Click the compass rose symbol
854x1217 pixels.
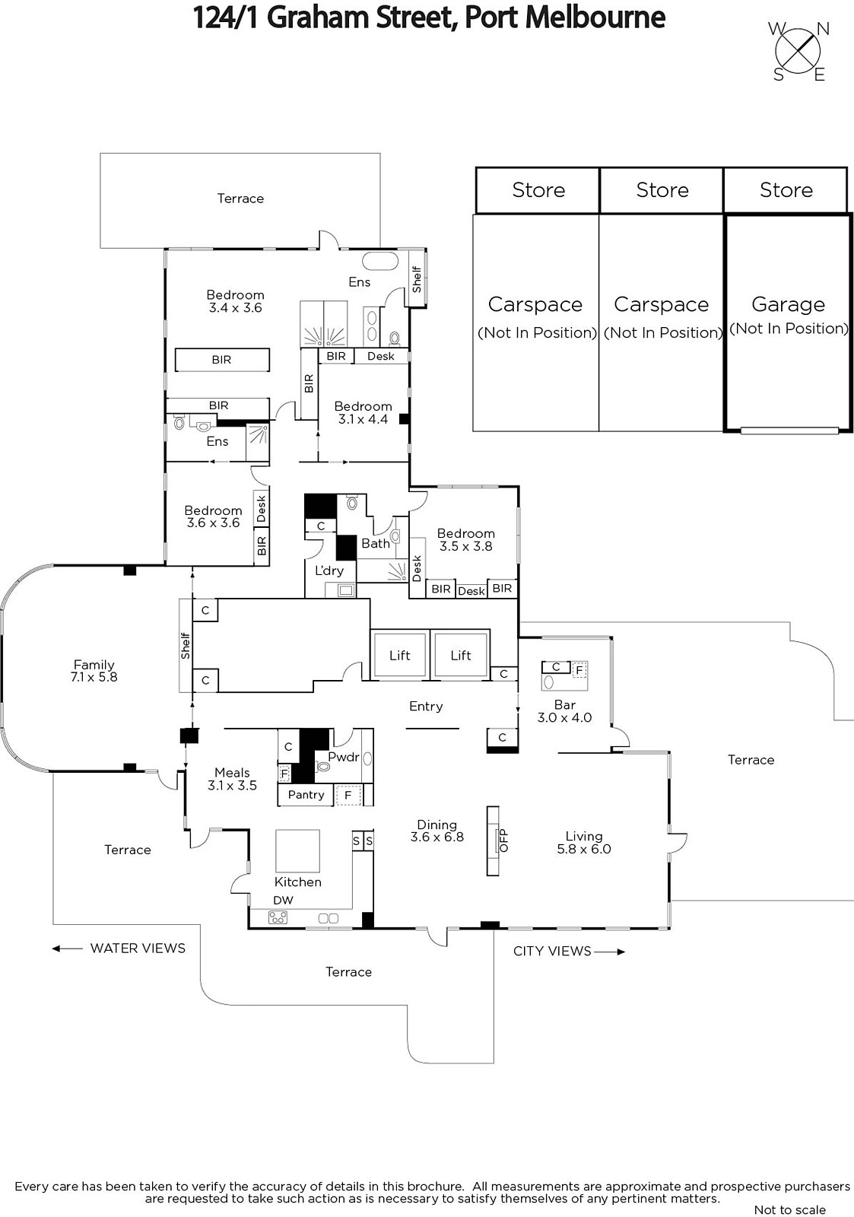(798, 52)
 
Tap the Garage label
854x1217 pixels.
(788, 304)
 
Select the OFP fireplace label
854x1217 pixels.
(503, 840)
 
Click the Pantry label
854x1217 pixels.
(306, 794)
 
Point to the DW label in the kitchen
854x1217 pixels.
(283, 901)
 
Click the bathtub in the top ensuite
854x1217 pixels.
(380, 261)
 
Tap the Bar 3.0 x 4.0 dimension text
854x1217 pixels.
(564, 717)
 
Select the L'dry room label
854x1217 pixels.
(329, 570)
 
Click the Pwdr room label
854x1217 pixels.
(343, 757)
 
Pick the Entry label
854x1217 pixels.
(426, 707)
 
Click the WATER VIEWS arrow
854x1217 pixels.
(67, 948)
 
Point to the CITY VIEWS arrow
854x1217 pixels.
(610, 952)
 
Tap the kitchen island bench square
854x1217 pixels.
(297, 851)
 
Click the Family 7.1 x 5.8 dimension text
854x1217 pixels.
(94, 677)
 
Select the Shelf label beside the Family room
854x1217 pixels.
(186, 646)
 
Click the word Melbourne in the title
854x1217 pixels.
(595, 17)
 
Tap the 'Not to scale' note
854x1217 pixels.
(790, 1209)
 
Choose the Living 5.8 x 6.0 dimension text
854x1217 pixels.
(584, 849)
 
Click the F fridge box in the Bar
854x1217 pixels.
(579, 670)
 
